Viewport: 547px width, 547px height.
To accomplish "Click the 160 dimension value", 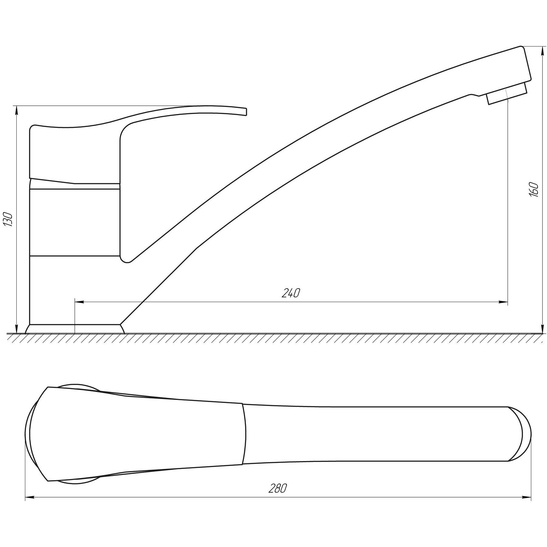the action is coord(534,190).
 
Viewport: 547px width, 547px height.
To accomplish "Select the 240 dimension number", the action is coord(291,293).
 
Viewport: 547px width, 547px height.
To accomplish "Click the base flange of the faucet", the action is coord(75,329).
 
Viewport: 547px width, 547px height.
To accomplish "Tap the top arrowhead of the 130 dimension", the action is coord(16,110).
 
